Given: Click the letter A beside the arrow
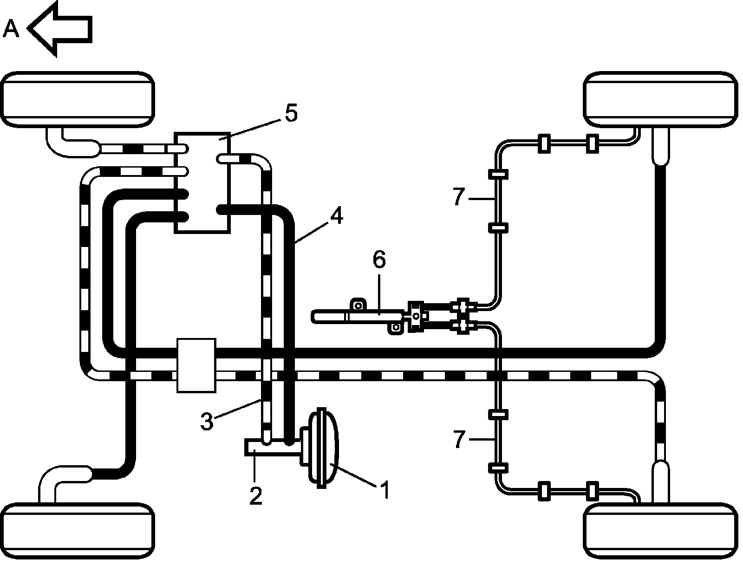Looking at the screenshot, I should pyautogui.click(x=11, y=29).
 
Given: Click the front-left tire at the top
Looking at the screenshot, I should pyautogui.click(x=78, y=99).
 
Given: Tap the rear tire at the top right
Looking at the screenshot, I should pyautogui.click(x=660, y=99).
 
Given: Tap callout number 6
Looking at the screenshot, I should pyautogui.click(x=379, y=260).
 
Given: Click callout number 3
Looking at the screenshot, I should pyautogui.click(x=207, y=422).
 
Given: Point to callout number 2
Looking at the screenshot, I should pyautogui.click(x=255, y=496).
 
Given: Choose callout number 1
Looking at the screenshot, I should pyautogui.click(x=385, y=490).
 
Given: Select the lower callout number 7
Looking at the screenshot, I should pyautogui.click(x=458, y=439).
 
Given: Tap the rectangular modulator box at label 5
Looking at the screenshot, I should pyautogui.click(x=202, y=182).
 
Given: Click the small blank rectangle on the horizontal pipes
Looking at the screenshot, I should pyautogui.click(x=196, y=365).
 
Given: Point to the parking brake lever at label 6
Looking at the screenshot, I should pyautogui.click(x=358, y=316).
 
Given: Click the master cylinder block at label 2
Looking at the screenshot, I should pyautogui.click(x=272, y=448).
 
